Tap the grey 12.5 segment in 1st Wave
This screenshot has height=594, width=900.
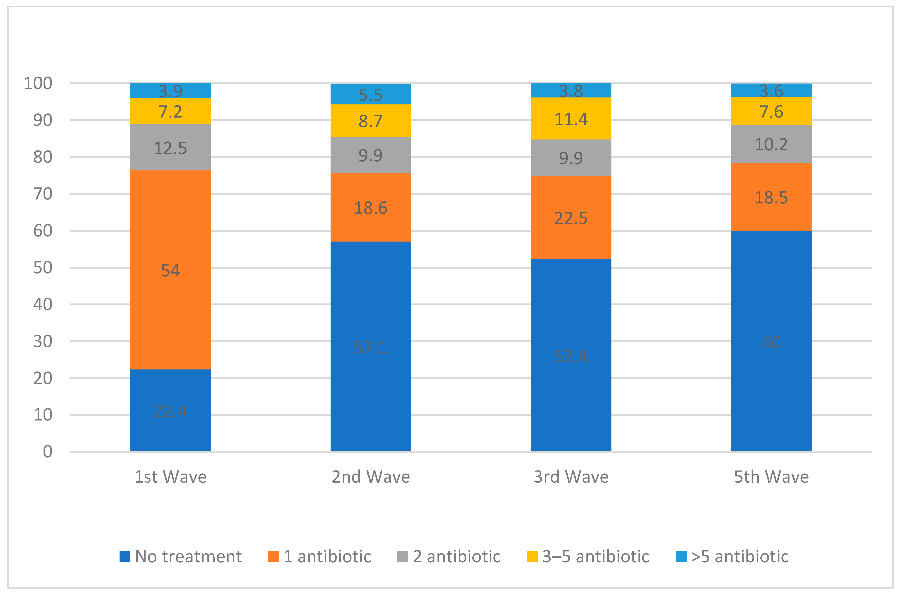click(170, 147)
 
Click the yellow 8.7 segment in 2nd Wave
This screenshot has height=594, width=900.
click(371, 120)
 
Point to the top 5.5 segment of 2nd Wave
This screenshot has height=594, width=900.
click(371, 94)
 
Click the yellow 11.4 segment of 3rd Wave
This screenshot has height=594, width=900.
click(571, 119)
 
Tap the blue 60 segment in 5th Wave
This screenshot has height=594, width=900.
click(771, 341)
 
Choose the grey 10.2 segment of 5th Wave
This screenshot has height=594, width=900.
click(771, 144)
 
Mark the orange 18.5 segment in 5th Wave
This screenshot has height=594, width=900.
click(771, 197)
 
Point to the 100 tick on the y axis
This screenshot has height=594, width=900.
click(38, 83)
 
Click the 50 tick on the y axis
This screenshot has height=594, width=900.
click(43, 267)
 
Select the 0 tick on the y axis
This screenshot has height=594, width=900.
click(47, 452)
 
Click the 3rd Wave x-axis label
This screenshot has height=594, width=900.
click(571, 476)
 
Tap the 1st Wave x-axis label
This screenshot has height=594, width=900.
click(170, 476)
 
